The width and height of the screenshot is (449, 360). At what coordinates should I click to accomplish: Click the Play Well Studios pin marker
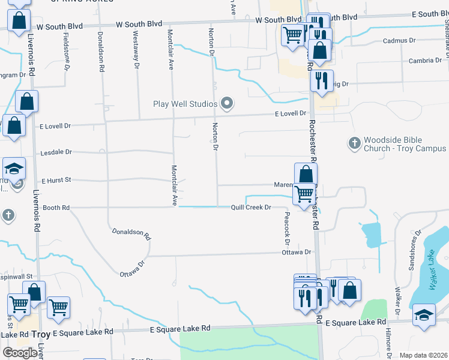227,104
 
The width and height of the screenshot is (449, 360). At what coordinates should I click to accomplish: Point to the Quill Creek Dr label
252,208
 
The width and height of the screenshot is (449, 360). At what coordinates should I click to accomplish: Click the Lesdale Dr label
56,152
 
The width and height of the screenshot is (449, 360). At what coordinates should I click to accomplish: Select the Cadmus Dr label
399,41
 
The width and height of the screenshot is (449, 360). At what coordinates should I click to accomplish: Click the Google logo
20,353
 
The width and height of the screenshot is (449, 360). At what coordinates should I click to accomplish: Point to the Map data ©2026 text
423,355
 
